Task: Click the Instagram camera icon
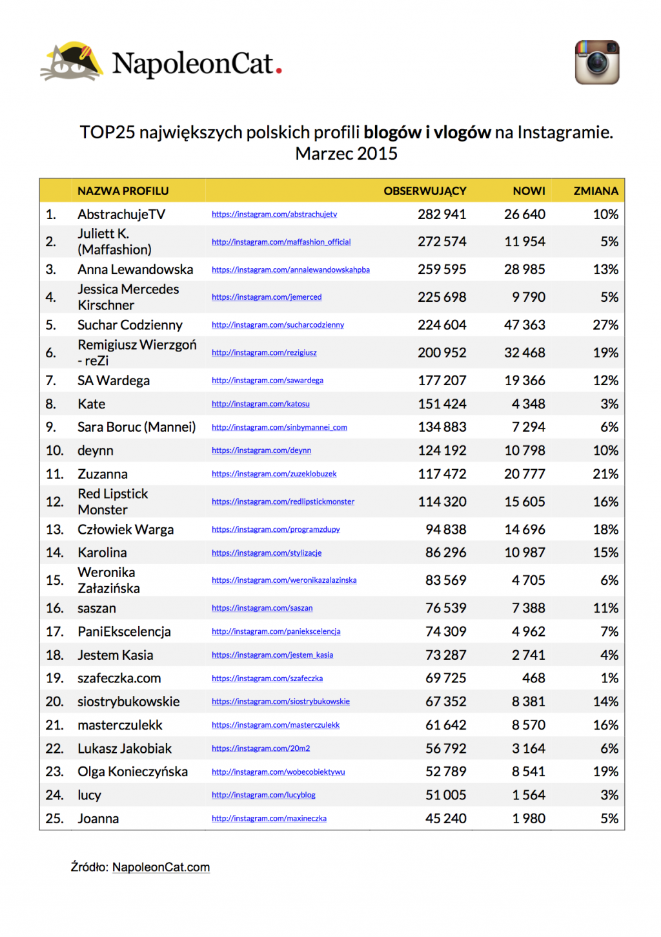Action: tap(597, 62)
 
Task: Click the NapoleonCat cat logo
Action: tap(72, 62)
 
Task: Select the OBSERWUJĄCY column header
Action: tap(425, 191)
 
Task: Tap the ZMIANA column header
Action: tap(596, 191)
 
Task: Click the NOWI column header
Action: tap(529, 191)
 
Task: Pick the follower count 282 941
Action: tap(442, 214)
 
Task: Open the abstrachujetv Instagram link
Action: tap(274, 215)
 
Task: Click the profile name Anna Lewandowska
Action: tap(135, 269)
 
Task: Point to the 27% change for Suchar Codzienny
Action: tap(605, 324)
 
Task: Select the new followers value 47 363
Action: tap(524, 324)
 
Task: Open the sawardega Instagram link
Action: tap(267, 381)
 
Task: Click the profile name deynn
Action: tap(96, 450)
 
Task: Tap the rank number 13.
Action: tap(54, 529)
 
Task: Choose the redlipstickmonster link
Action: tap(283, 501)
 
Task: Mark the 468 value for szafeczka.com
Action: tap(534, 678)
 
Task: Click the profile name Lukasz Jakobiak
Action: tap(125, 748)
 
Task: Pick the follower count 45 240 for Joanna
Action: tap(445, 818)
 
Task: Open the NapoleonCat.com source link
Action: tap(161, 867)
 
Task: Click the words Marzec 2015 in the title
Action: tap(346, 154)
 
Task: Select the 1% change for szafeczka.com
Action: tap(609, 678)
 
